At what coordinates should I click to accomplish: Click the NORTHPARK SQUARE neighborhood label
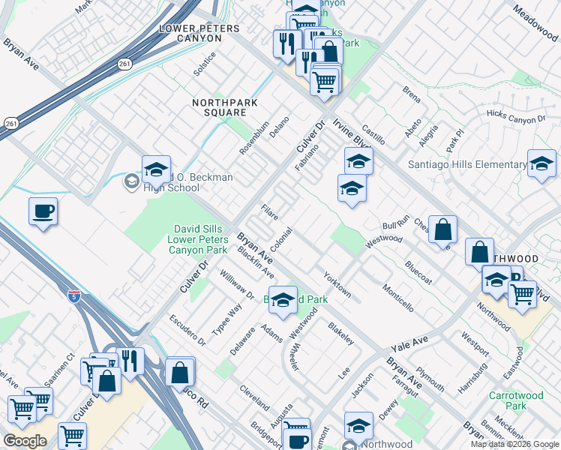(219, 107)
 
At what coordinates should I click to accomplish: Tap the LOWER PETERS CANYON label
(199, 34)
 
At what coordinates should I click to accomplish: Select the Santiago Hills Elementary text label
(466, 165)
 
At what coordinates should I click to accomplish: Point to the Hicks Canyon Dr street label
(515, 118)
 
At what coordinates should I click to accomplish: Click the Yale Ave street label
(409, 345)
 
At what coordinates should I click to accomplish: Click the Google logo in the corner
(25, 440)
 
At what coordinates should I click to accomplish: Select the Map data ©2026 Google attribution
(514, 444)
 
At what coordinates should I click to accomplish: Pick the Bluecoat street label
(418, 271)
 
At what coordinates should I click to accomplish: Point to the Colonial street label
(280, 240)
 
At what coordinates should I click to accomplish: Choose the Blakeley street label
(341, 333)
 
